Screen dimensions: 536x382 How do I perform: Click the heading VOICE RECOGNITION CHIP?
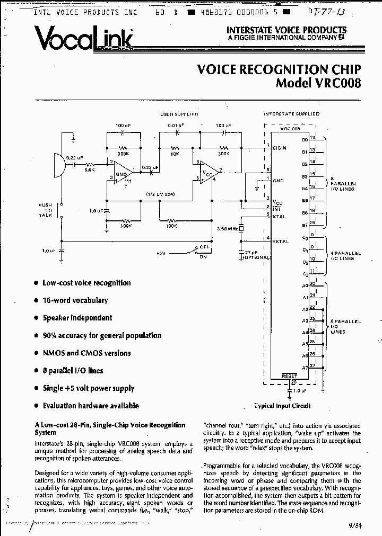279,70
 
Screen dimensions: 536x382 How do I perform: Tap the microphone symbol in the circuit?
58,164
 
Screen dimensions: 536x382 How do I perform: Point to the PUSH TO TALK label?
45,210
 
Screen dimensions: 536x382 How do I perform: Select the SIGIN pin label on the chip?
280,148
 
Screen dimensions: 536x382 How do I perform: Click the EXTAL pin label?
281,242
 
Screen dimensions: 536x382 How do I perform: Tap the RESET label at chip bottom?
289,375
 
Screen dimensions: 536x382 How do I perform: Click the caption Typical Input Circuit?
282,406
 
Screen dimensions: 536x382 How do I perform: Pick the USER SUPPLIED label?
179,114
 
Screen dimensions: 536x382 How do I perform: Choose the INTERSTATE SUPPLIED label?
291,114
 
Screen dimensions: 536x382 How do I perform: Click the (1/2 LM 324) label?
160,194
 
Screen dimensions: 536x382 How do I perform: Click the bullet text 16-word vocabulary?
75,300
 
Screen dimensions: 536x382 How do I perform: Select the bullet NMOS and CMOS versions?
86,353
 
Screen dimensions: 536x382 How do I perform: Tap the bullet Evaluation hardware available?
91,406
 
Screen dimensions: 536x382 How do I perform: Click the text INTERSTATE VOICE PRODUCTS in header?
286,30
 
